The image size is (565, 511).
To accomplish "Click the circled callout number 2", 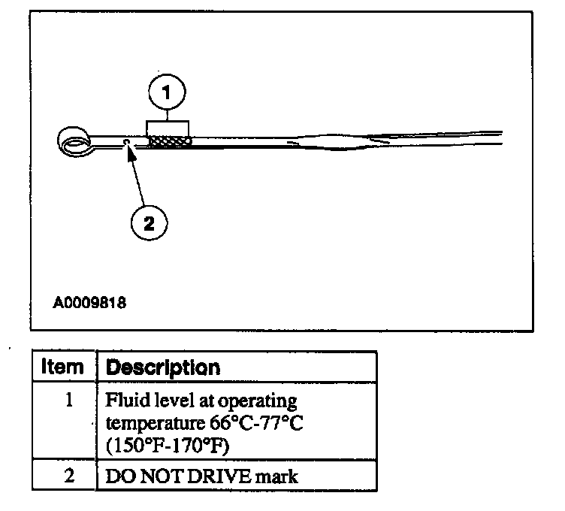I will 148,222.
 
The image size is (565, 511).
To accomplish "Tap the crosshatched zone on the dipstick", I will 170,141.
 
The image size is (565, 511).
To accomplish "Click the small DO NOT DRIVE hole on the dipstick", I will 128,141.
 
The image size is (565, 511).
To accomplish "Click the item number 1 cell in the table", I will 68,400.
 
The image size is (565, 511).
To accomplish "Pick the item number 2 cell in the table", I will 68,475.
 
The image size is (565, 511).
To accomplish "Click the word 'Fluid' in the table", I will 125,401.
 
